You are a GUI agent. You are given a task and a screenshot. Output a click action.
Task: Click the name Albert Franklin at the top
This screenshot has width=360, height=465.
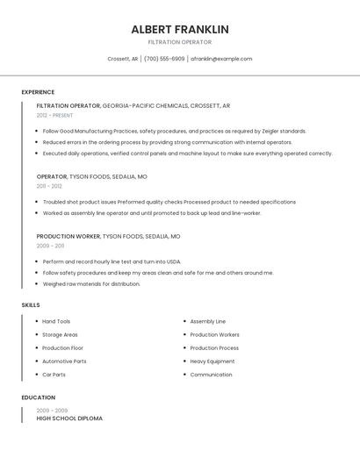pos(180,29)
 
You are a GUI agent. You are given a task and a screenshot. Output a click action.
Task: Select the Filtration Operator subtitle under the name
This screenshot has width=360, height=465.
pos(180,42)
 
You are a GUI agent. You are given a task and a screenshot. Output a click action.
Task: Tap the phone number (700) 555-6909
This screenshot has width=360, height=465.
pos(164,59)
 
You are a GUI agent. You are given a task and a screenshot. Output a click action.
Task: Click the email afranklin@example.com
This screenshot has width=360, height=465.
pos(221,59)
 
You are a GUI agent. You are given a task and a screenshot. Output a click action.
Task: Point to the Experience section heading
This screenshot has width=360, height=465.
pos(38,92)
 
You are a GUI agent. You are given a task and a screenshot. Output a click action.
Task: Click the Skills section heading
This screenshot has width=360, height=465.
pos(31,305)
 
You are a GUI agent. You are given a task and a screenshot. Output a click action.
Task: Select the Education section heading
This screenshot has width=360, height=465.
pos(38,397)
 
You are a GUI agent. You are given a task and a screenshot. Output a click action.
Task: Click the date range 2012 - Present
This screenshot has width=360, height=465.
pos(55,115)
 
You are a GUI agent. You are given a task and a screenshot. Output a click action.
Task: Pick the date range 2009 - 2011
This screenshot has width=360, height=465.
pos(51,247)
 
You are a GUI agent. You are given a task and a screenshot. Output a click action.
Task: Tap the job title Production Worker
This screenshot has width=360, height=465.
pos(68,237)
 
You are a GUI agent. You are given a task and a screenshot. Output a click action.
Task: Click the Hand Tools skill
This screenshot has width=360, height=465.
pos(56,321)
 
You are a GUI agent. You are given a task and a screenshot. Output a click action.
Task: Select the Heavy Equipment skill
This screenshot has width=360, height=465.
pos(212,361)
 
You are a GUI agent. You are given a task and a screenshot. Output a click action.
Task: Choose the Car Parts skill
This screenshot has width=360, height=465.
pos(54,375)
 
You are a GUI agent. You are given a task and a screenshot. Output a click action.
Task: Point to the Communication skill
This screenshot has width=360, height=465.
pos(212,375)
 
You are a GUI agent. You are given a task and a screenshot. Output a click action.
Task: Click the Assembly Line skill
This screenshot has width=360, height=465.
pos(208,321)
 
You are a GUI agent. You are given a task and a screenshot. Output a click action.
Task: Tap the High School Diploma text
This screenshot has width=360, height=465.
pos(69,419)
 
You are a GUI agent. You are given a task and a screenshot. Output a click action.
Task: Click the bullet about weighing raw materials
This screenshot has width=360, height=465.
pos(91,284)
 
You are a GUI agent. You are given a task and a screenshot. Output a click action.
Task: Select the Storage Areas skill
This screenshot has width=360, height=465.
pos(60,334)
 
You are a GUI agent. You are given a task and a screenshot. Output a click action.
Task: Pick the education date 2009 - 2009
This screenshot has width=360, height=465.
pos(52,411)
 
